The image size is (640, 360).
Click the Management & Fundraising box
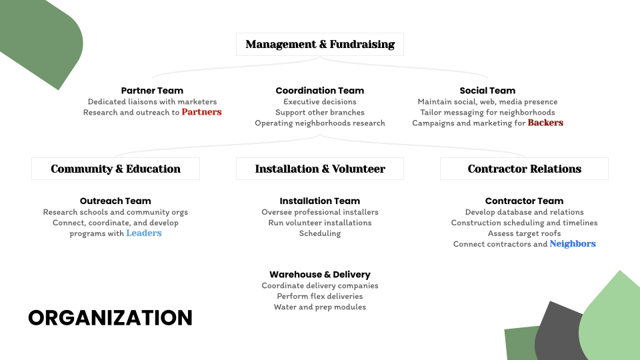coord(320,44)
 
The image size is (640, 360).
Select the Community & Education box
coord(115,169)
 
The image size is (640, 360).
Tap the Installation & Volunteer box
coord(320,169)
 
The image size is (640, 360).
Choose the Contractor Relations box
coord(524,169)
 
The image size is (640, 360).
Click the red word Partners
coord(201,112)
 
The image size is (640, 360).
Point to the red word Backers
coord(545,123)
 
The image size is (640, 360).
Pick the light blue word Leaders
coord(144,233)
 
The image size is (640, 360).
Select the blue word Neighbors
coord(573,244)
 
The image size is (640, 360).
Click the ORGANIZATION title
coord(110,317)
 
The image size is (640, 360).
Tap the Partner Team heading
coord(152,91)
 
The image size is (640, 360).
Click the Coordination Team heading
coord(320,91)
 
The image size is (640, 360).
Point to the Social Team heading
coord(487,91)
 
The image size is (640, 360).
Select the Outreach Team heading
coord(115,201)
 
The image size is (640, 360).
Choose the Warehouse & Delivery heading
coord(320,274)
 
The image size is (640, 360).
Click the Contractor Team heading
coord(524,201)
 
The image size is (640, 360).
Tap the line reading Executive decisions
coord(320,101)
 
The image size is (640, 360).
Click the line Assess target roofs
coord(524,233)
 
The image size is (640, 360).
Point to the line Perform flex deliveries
coord(320,296)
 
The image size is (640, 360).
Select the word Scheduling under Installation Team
coord(320,233)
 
